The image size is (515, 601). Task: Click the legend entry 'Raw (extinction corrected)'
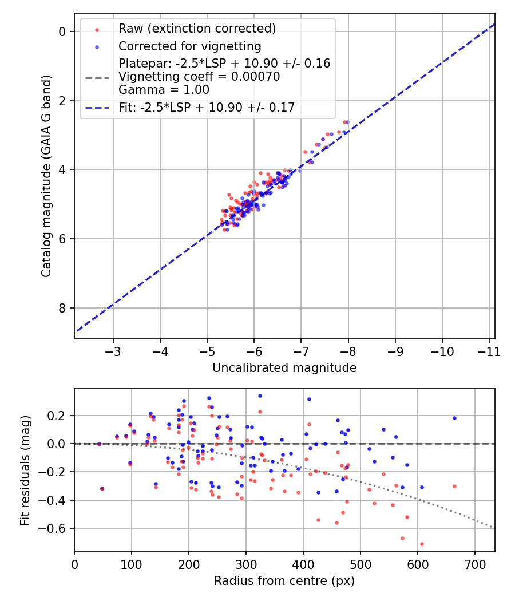197,28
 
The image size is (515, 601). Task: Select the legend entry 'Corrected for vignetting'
189,46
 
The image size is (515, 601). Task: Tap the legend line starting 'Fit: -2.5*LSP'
207,107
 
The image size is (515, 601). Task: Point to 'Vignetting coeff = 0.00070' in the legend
199,77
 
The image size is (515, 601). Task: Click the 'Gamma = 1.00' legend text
164,90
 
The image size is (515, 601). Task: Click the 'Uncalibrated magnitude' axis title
284,368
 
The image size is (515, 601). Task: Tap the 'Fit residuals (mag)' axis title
25,470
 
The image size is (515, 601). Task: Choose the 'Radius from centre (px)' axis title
284,581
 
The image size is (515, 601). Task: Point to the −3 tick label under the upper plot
113,351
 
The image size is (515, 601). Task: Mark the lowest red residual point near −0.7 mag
422,544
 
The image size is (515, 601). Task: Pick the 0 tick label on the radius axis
74,564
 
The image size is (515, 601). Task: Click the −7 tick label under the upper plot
301,351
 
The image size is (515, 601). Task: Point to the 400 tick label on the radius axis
303,564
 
